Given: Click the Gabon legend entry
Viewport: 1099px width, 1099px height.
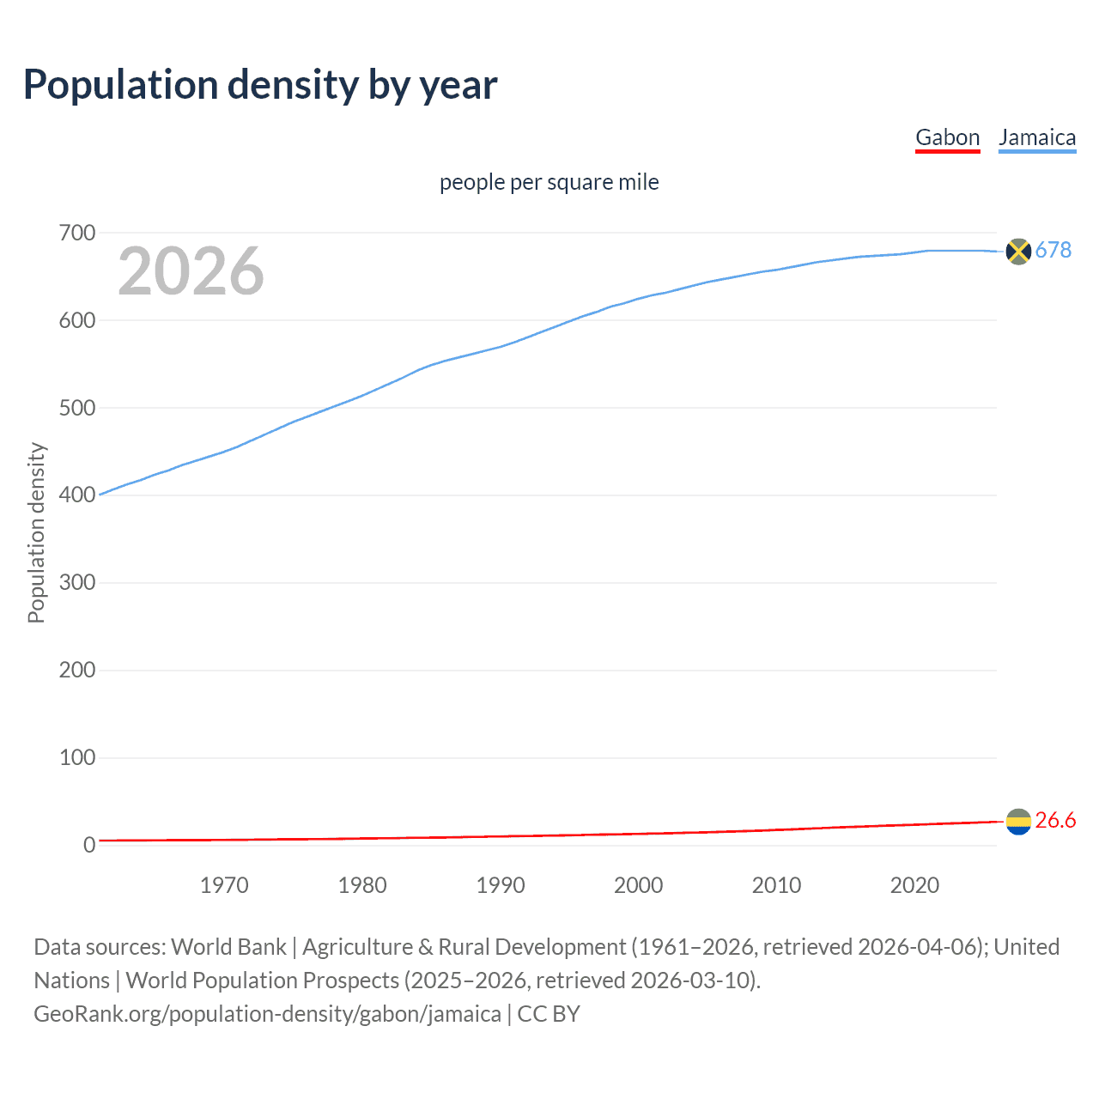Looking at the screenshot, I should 947,138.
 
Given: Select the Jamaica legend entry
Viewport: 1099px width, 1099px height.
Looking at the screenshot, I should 1036,138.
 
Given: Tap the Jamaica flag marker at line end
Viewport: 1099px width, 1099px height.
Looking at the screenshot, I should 1017,251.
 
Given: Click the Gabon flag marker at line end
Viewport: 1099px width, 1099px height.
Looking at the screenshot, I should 1017,822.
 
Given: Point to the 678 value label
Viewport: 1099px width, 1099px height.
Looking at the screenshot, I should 1053,250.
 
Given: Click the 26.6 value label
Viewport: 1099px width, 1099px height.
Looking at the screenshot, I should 1055,821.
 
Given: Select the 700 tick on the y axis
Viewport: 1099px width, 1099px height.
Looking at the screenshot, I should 77,233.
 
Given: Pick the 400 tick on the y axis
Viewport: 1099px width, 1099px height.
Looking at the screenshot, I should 77,495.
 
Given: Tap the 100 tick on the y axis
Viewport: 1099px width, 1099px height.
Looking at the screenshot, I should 77,758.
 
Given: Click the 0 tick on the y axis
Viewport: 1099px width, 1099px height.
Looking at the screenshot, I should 89,846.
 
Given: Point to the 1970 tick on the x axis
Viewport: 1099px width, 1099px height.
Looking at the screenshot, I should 224,885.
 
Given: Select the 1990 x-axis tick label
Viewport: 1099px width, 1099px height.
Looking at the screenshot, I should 501,885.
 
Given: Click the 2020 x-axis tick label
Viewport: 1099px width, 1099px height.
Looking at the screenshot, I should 914,885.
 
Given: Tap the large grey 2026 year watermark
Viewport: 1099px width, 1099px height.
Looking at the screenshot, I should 191,271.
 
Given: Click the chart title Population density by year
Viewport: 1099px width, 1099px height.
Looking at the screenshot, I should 260,85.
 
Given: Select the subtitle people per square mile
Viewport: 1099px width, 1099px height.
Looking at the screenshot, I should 549,183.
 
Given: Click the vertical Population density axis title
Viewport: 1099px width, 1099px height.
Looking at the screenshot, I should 37,532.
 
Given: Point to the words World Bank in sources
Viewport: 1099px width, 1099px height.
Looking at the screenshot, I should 228,947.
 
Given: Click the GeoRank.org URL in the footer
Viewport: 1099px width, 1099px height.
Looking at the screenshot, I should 267,1014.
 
